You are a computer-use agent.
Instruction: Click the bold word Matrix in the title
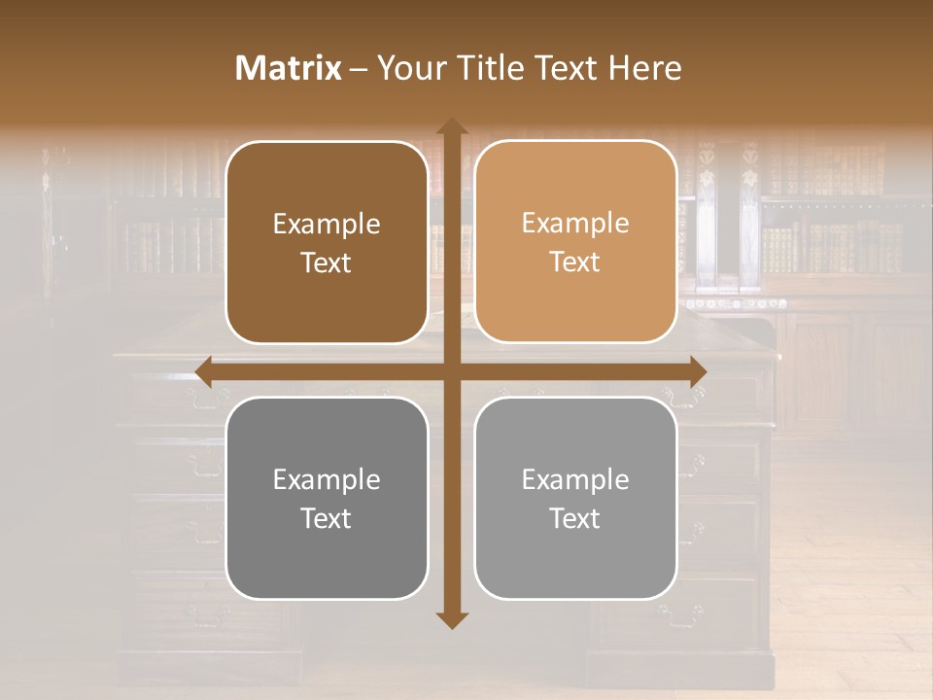289,68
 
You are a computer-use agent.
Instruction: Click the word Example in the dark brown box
327,225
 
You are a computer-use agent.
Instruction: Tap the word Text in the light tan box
575,262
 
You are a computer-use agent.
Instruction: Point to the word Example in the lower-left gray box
327,480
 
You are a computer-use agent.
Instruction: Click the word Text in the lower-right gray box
575,518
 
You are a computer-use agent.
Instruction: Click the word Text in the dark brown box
327,263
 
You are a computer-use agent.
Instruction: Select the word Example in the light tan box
575,224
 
